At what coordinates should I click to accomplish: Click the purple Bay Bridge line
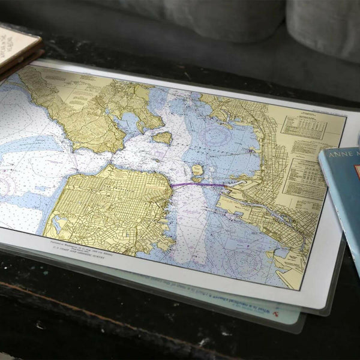[198, 185]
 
